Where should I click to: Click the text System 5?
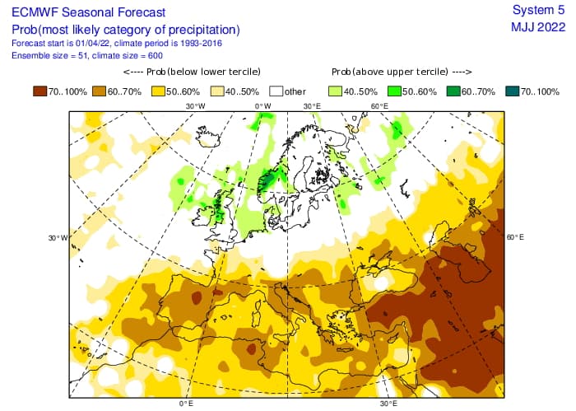(538, 10)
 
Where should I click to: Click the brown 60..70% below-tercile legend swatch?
(102, 91)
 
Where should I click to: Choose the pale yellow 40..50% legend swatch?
(221, 91)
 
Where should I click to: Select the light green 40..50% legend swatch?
(337, 91)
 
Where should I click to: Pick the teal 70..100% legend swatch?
(510, 91)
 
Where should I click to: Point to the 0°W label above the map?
(262, 106)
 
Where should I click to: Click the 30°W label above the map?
(195, 106)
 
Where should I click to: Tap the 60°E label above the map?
(379, 106)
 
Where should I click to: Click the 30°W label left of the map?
(57, 238)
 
